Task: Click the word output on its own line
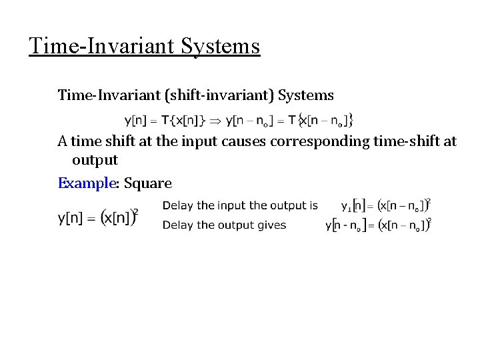[x=95, y=161]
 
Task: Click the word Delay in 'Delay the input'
[x=179, y=205]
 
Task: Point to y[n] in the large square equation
[x=75, y=218]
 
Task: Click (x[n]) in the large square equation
[x=119, y=218]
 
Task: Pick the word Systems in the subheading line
[x=306, y=95]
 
